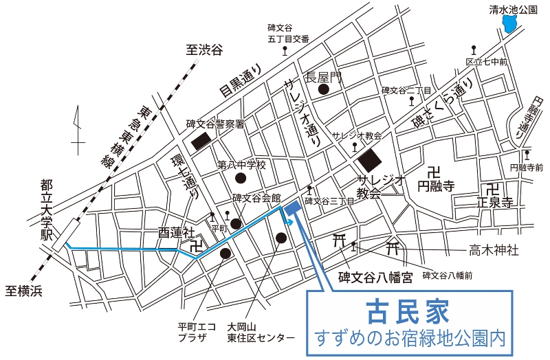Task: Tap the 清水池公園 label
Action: pos(512,9)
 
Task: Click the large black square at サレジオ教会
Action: pos(369,161)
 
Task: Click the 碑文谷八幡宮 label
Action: pos(375,278)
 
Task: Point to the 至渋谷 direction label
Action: pos(206,49)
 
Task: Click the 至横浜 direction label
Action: pos(23,291)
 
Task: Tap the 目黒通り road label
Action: pos(241,80)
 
